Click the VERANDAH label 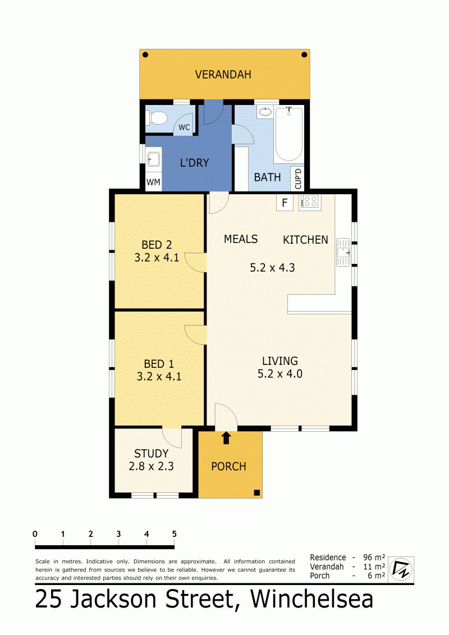[223, 75]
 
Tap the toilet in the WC [157, 118]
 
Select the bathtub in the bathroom [288, 134]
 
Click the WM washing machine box [153, 182]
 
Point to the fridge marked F [285, 203]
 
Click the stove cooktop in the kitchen [310, 202]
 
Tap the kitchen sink [343, 252]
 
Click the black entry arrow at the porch [226, 438]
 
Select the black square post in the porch [256, 492]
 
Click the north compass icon [401, 569]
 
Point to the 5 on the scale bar [174, 534]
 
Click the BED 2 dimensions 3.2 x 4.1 [157, 258]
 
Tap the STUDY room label [151, 453]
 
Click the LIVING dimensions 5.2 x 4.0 [280, 374]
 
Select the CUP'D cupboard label [298, 179]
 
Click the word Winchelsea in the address [311, 600]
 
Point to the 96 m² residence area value [374, 558]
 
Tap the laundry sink [153, 158]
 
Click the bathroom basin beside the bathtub [265, 112]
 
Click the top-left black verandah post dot [145, 54]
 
